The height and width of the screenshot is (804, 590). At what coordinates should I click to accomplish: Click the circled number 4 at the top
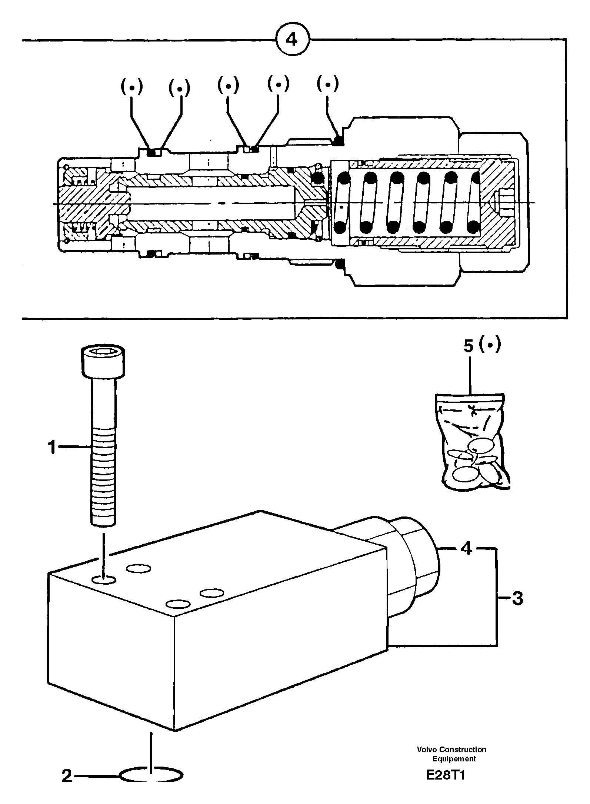point(292,39)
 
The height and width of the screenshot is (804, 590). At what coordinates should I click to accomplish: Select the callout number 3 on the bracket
point(517,598)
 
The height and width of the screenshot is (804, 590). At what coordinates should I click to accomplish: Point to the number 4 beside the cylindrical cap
point(467,549)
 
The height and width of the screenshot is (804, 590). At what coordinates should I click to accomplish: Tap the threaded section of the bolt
point(103,482)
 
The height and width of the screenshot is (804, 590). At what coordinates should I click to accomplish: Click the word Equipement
point(454,758)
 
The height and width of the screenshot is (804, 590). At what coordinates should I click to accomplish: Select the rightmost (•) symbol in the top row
point(327,84)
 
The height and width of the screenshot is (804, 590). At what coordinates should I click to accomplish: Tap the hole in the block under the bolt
point(104,579)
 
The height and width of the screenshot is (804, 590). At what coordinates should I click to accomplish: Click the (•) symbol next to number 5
point(490,345)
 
